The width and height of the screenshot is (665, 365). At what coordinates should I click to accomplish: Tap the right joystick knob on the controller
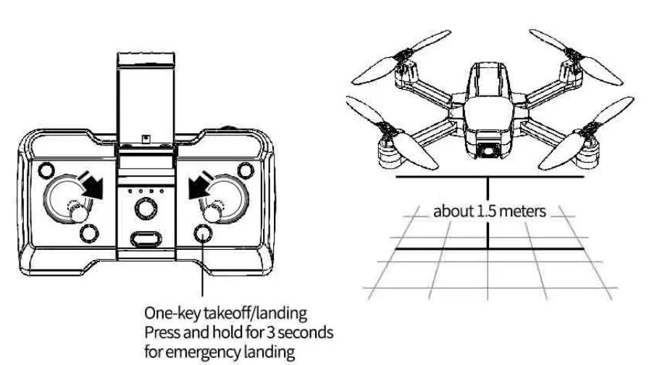pyautogui.click(x=213, y=212)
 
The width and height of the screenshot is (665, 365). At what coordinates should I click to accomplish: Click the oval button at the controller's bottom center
pyautogui.click(x=145, y=238)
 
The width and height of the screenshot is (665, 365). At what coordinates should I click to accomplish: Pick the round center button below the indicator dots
pyautogui.click(x=145, y=209)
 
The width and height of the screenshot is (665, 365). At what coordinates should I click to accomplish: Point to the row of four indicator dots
pyautogui.click(x=144, y=193)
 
